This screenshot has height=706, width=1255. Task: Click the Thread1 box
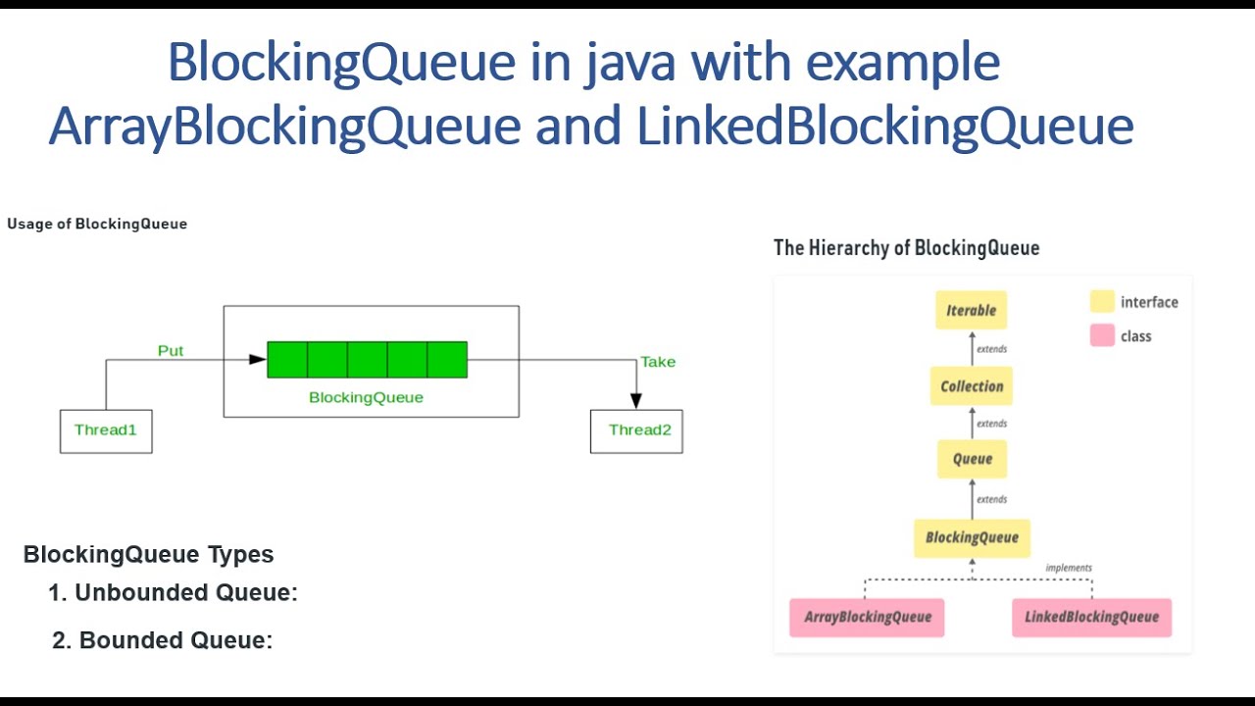pyautogui.click(x=106, y=431)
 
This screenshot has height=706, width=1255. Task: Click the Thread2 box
pyautogui.click(x=636, y=431)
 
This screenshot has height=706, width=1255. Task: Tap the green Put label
pyautogui.click(x=171, y=350)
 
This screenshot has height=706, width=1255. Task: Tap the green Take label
pyautogui.click(x=658, y=362)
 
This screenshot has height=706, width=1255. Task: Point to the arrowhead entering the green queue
pyautogui.click(x=258, y=360)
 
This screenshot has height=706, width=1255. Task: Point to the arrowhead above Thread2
pyautogui.click(x=636, y=400)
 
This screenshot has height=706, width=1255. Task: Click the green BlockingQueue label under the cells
pyautogui.click(x=366, y=397)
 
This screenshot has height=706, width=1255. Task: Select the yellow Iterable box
pyautogui.click(x=971, y=310)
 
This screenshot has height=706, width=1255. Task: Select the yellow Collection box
pyautogui.click(x=972, y=386)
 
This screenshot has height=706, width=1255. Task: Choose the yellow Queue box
pyautogui.click(x=972, y=459)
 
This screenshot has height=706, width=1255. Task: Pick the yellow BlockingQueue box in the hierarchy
pyautogui.click(x=972, y=537)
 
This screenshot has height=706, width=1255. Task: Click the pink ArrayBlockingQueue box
pyautogui.click(x=867, y=617)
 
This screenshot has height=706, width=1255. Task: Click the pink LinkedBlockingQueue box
pyautogui.click(x=1091, y=617)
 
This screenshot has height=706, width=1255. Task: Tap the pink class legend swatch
pyautogui.click(x=1102, y=335)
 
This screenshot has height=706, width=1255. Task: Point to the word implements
pyautogui.click(x=1068, y=568)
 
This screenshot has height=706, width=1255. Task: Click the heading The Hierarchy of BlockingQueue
pyautogui.click(x=906, y=247)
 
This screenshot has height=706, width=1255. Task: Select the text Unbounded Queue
pyautogui.click(x=185, y=592)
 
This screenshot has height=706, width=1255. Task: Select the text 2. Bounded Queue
pyautogui.click(x=163, y=640)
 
